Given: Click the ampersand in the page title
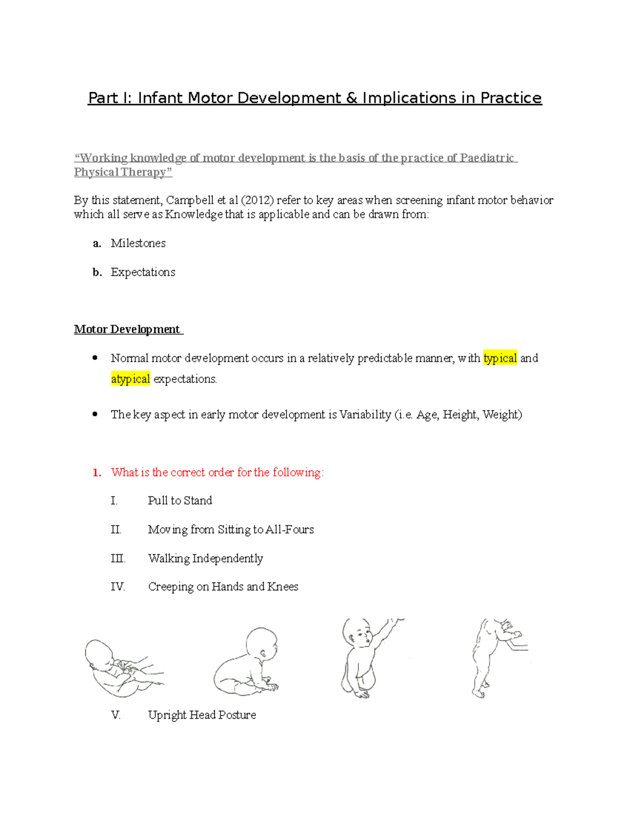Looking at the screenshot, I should (352, 98).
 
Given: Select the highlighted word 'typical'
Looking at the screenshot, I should (500, 358).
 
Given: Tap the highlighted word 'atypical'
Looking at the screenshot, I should (130, 379).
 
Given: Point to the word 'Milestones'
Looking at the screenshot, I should (138, 243).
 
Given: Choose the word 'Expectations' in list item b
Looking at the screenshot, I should (143, 272).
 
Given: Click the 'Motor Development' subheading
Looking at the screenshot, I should (127, 329).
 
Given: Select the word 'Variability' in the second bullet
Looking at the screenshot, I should (365, 415).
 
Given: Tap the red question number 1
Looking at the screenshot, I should (97, 472).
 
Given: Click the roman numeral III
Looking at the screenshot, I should (118, 559).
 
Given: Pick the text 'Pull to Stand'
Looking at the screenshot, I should (180, 501).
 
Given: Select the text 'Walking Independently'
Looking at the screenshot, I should (205, 559).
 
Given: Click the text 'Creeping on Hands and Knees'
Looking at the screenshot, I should (223, 587).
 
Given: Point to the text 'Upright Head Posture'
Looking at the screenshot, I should (202, 715).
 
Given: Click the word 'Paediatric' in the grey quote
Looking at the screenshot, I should (487, 158).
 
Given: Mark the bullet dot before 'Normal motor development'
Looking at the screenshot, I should (95, 358).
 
